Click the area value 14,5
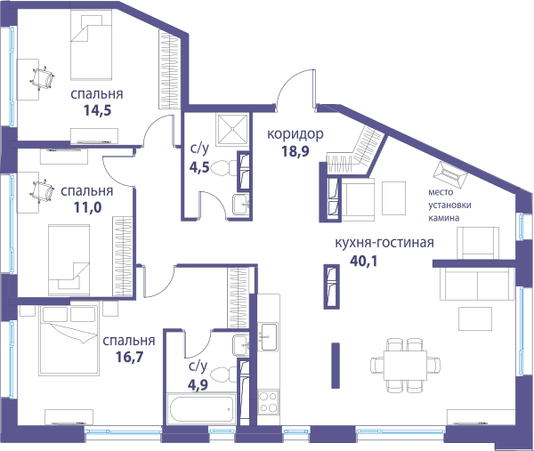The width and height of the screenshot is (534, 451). pos(97,110)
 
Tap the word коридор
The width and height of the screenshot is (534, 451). pos(295,134)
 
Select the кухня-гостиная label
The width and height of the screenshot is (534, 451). pos(384,243)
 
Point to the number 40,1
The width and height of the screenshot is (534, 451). pos(363,261)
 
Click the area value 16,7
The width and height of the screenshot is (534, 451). pos(129,357)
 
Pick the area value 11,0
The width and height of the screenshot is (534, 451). pos(87,207)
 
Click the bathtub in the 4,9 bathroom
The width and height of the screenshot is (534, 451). pos(201,409)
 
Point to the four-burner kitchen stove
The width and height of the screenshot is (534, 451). pos(268,402)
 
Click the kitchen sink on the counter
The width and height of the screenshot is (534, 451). pos(268,336)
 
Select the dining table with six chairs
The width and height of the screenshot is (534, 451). pos(405,366)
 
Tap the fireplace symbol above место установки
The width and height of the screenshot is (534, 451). pos(449,174)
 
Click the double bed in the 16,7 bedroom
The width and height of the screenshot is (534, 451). pos(69,340)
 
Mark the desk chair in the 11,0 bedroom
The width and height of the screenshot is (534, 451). pos(42,191)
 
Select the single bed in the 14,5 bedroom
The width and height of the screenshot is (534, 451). pos(92,44)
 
